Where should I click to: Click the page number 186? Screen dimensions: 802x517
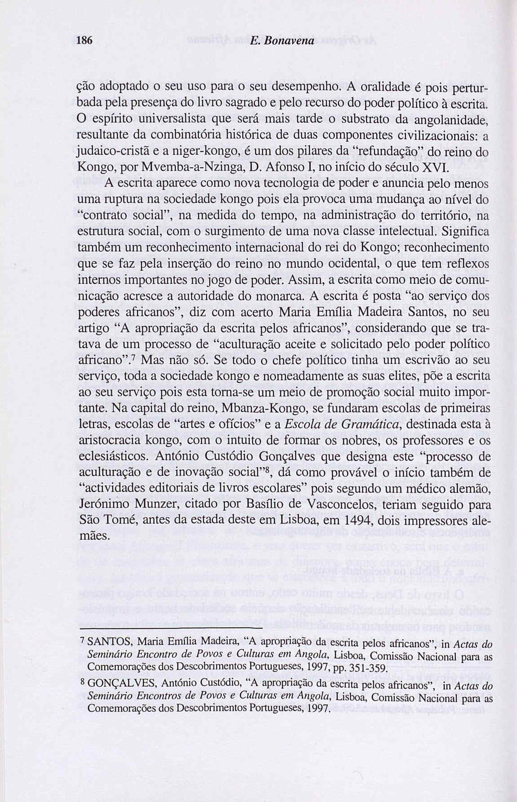[x=84, y=40]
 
